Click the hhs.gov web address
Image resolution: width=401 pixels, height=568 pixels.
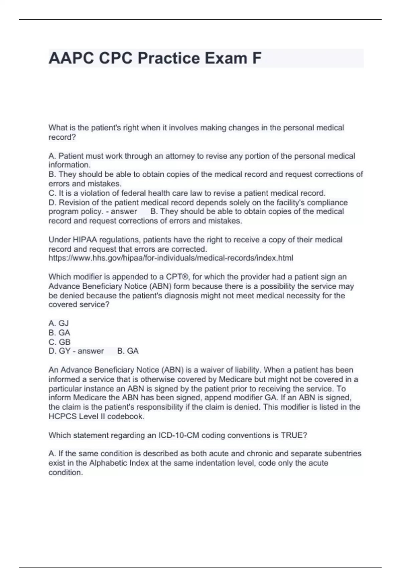171,258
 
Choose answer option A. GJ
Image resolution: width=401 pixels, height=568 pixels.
59,323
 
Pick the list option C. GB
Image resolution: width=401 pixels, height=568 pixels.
59,342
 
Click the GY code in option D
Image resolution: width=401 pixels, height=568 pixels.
64,351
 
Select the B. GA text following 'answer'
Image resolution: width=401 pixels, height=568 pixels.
128,351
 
